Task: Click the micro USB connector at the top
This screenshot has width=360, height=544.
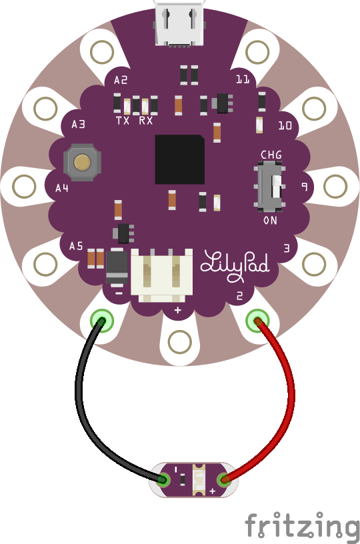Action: [179, 24]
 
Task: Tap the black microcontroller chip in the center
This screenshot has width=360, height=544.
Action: [179, 159]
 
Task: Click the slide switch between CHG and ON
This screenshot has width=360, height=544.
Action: [270, 187]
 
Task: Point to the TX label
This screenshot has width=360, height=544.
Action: [123, 121]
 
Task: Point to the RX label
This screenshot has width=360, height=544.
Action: [145, 121]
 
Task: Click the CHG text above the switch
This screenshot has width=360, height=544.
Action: [271, 155]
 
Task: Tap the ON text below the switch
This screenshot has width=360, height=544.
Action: [270, 220]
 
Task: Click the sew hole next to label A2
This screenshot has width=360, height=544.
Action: [102, 52]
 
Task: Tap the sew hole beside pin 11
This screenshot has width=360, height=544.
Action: [257, 52]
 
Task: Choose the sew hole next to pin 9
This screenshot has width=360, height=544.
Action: [335, 186]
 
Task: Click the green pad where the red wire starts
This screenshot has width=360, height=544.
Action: [257, 321]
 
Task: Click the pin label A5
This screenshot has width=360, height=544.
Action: [76, 246]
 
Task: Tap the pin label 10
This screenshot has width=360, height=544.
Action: [285, 125]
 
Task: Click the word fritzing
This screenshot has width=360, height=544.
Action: [302, 527]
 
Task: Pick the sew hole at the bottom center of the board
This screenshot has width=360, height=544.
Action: [179, 342]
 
